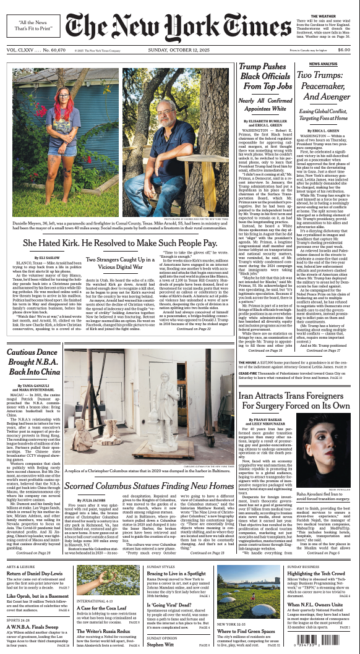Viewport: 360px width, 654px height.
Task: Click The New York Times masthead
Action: [180, 26]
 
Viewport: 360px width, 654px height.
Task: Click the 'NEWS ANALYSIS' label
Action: [322, 64]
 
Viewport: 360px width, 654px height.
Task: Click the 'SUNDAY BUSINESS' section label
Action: [302, 566]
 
